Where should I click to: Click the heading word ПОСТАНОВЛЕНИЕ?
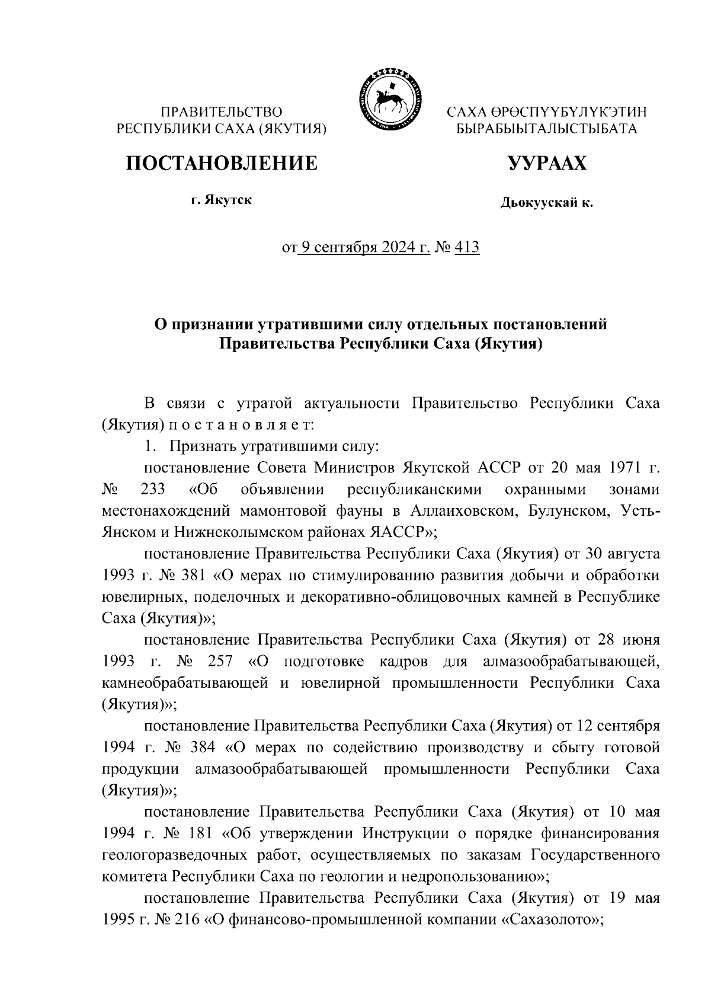(222, 162)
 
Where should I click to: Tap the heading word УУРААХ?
(547, 162)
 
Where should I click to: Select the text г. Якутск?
(221, 200)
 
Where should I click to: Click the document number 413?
(466, 247)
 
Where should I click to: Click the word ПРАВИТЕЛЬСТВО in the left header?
(222, 111)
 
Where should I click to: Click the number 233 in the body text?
(153, 490)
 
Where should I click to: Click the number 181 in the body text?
(198, 833)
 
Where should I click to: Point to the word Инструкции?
(401, 833)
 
